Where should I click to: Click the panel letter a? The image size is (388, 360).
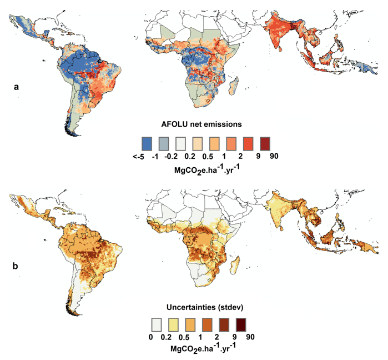(17, 87)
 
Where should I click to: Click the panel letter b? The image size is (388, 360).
(17, 266)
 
